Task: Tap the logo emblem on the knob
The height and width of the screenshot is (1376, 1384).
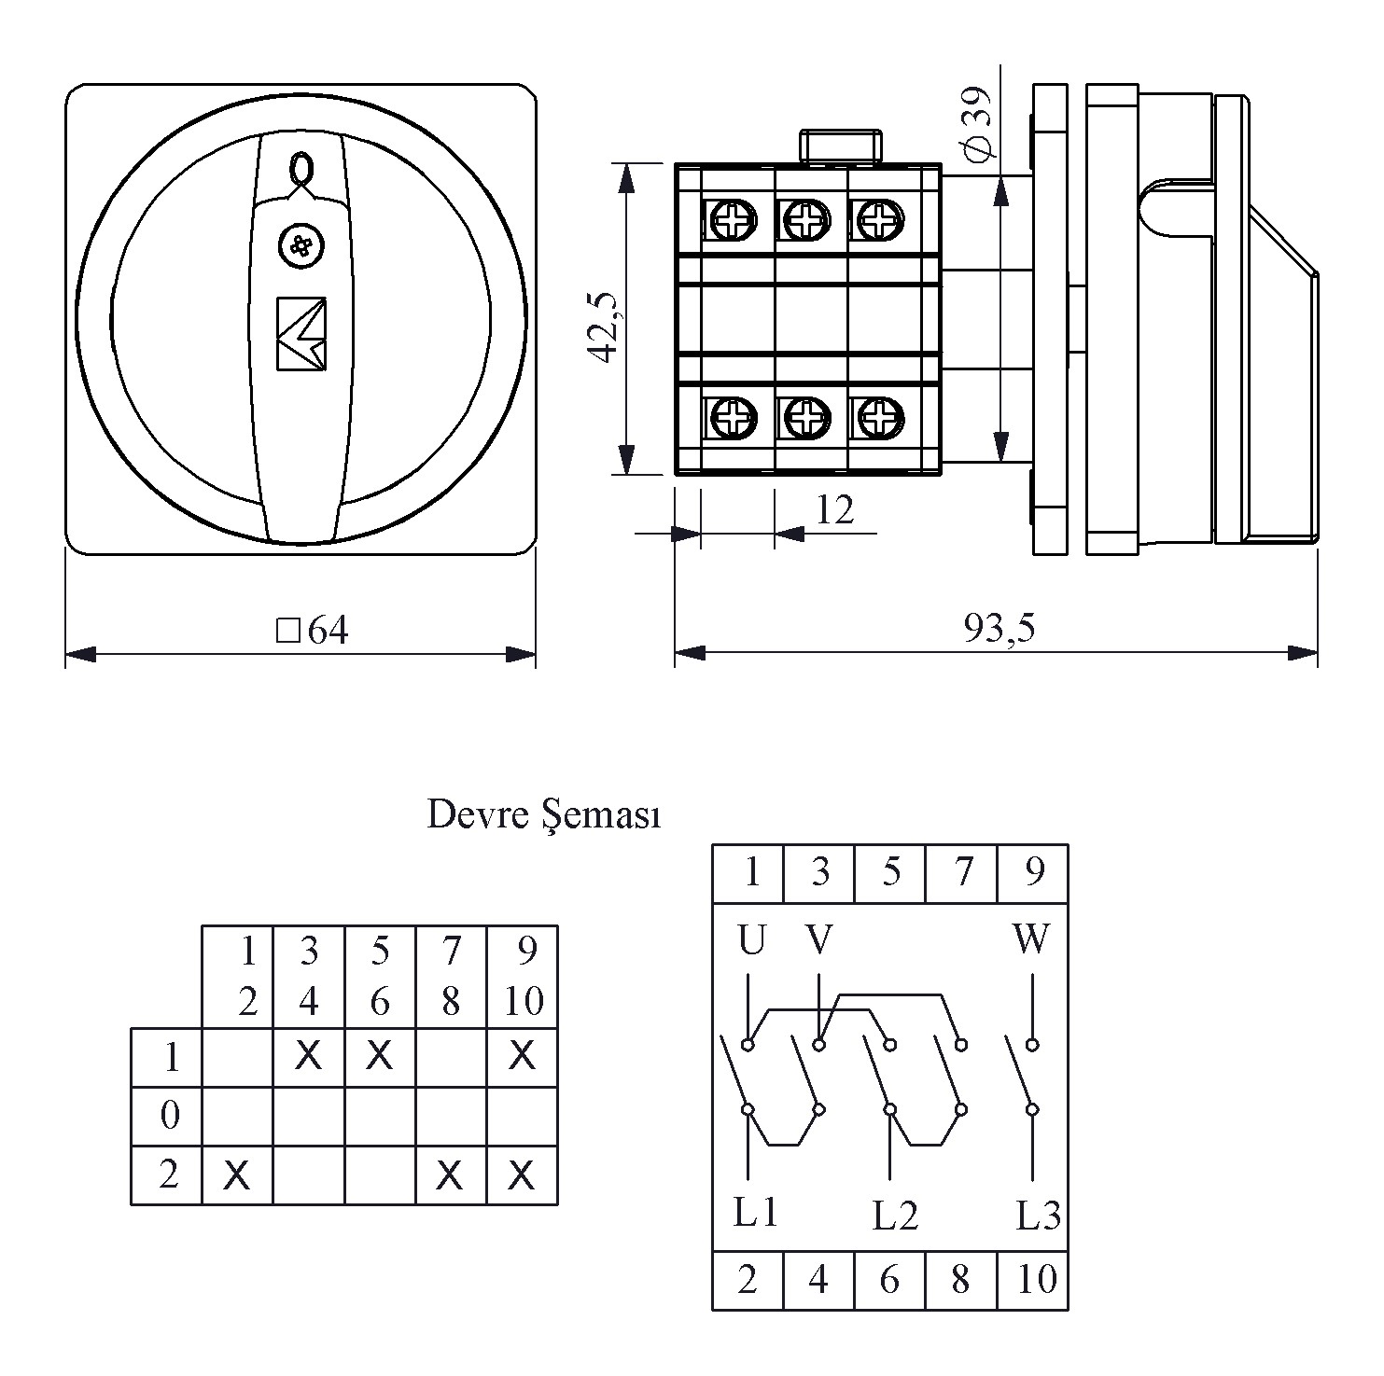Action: (301, 333)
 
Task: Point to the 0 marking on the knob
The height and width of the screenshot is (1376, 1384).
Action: (301, 170)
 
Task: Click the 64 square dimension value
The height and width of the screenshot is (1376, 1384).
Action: (315, 632)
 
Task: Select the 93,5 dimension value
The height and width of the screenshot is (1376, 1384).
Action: (999, 630)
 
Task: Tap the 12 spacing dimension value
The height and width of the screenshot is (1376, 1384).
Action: (834, 509)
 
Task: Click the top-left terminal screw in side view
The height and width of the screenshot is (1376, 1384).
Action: (730, 221)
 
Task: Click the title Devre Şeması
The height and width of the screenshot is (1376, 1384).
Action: (544, 814)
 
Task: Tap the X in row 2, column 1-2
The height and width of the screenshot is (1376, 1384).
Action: (237, 1176)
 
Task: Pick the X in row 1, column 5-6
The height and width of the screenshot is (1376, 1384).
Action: (379, 1055)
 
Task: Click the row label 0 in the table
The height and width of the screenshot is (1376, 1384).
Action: (169, 1115)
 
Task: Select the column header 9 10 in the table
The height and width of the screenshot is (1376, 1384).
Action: (523, 976)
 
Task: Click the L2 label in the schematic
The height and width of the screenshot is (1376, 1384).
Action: (895, 1215)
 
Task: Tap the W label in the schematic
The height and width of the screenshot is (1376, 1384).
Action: (1030, 939)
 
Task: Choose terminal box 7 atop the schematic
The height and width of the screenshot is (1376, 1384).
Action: (961, 873)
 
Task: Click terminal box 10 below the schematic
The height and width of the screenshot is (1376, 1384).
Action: (1034, 1279)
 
